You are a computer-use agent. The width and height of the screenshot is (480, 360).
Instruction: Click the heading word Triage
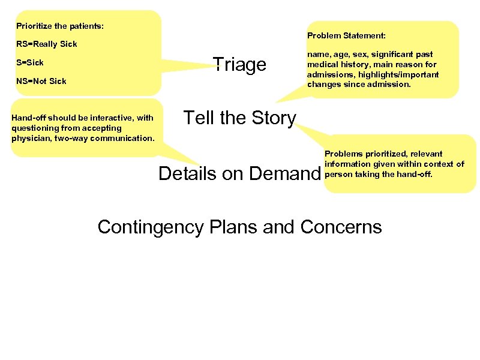coord(239,65)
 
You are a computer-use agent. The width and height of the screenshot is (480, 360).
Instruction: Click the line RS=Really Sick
coord(47,44)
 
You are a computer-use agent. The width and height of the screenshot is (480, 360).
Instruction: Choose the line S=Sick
coord(30,62)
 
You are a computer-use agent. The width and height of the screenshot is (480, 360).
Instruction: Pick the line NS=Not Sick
coord(41,81)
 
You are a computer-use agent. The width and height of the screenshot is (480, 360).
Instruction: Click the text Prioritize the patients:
coord(59,26)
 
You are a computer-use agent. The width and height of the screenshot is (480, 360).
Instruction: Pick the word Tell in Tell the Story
coord(196,118)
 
